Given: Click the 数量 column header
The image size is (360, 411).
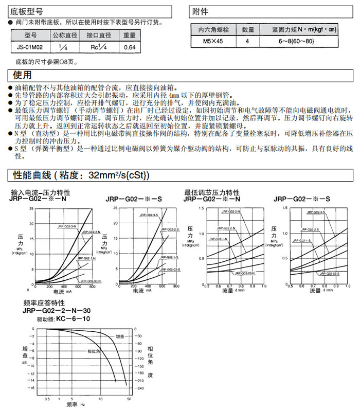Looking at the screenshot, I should click(248, 29).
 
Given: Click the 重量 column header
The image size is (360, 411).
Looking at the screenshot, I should click(129, 35).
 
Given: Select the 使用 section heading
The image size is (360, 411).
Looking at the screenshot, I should click(21, 76).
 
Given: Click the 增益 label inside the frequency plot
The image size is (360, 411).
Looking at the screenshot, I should click(120, 336).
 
